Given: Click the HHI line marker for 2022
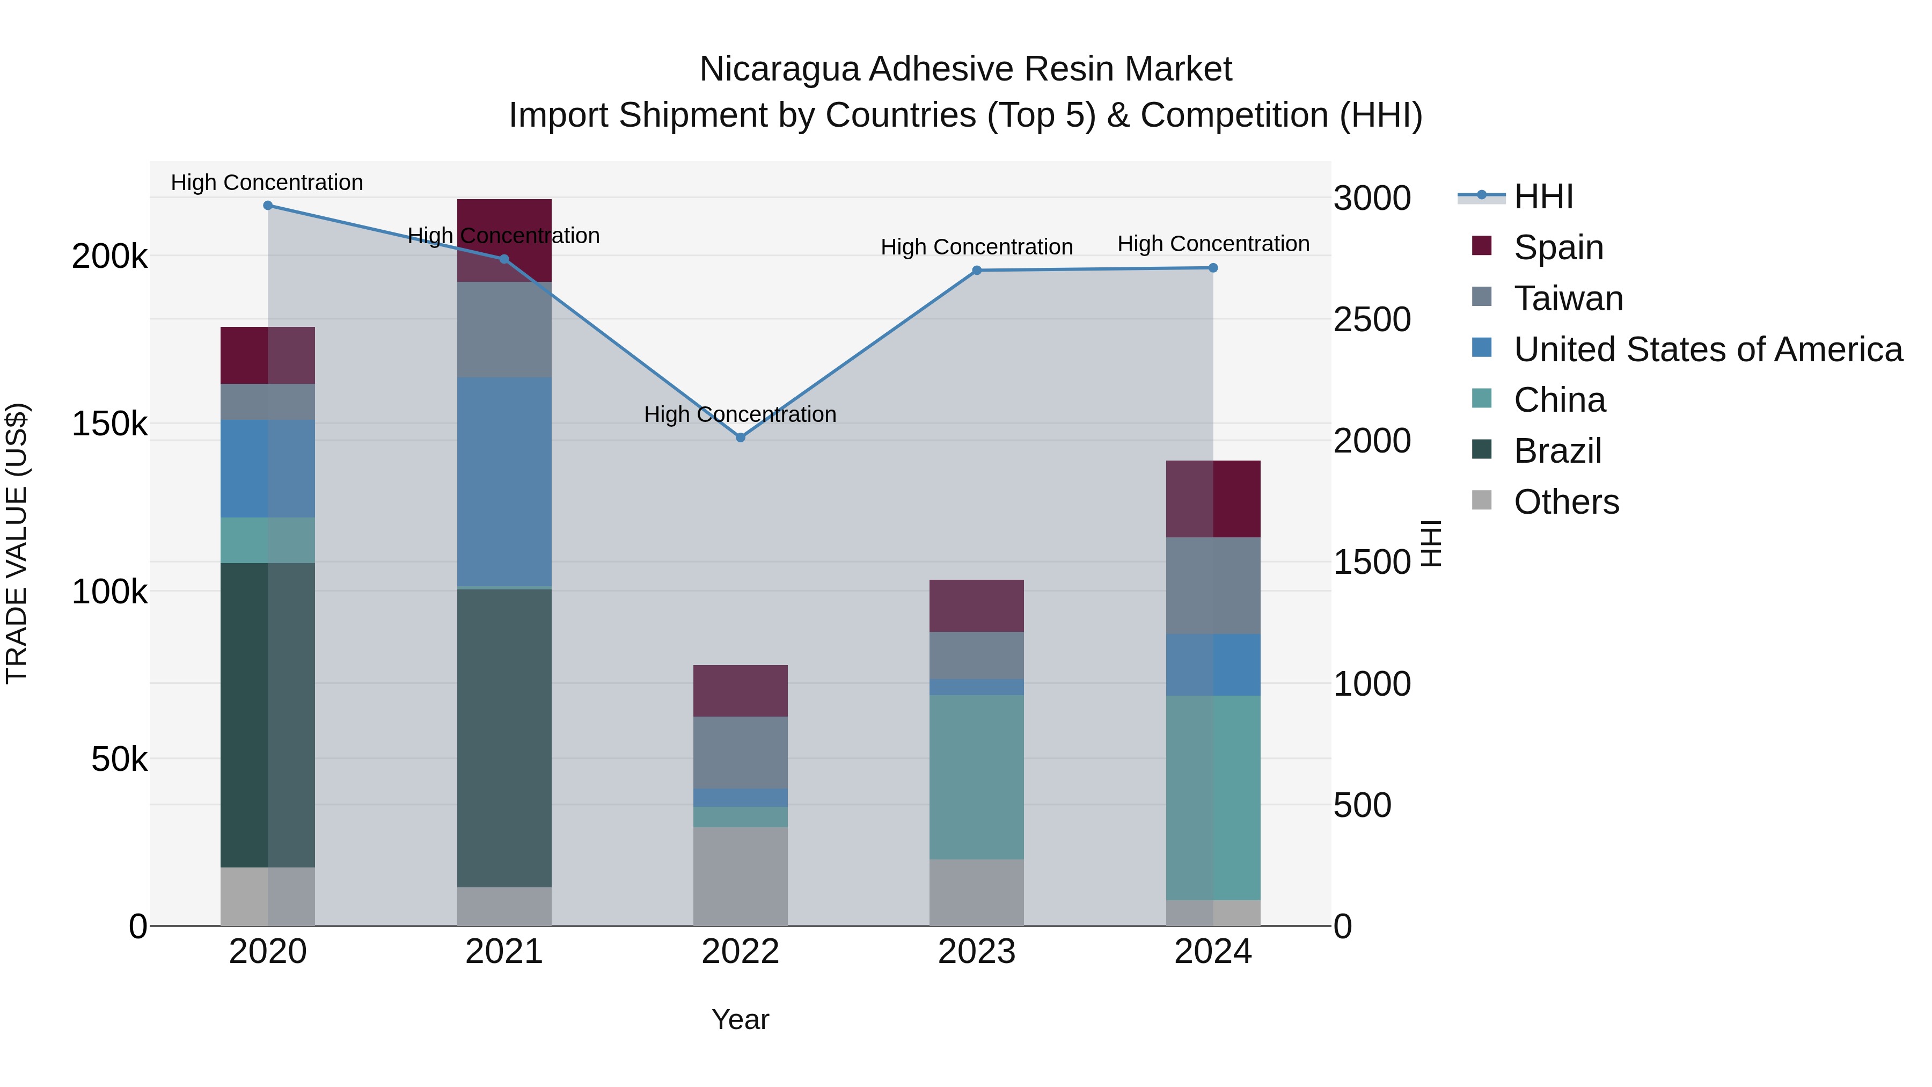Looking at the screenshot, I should pyautogui.click(x=740, y=437).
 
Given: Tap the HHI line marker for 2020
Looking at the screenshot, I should pyautogui.click(x=268, y=206).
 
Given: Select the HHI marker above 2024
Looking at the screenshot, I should pyautogui.click(x=1213, y=268).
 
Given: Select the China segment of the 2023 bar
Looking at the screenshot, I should pyautogui.click(x=977, y=776).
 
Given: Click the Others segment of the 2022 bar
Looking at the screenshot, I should pyautogui.click(x=740, y=876).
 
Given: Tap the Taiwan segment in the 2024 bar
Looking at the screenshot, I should pyautogui.click(x=1213, y=585).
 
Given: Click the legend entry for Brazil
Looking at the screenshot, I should pyautogui.click(x=1557, y=451).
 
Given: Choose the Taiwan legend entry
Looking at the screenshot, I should pyautogui.click(x=1568, y=298).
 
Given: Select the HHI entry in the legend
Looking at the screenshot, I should pyautogui.click(x=1543, y=196).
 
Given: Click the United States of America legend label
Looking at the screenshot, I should pyautogui.click(x=1708, y=349).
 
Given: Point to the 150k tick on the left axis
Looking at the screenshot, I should pyautogui.click(x=109, y=425).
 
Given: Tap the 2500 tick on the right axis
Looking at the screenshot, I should pyautogui.click(x=1372, y=319).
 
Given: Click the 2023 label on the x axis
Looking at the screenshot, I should pyautogui.click(x=977, y=952).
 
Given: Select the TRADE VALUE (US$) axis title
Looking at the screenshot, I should pyautogui.click(x=17, y=543).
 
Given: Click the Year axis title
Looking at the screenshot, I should pyautogui.click(x=740, y=1019).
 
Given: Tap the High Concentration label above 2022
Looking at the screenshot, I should pyautogui.click(x=740, y=414).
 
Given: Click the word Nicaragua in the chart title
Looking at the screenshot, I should pyautogui.click(x=779, y=70).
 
